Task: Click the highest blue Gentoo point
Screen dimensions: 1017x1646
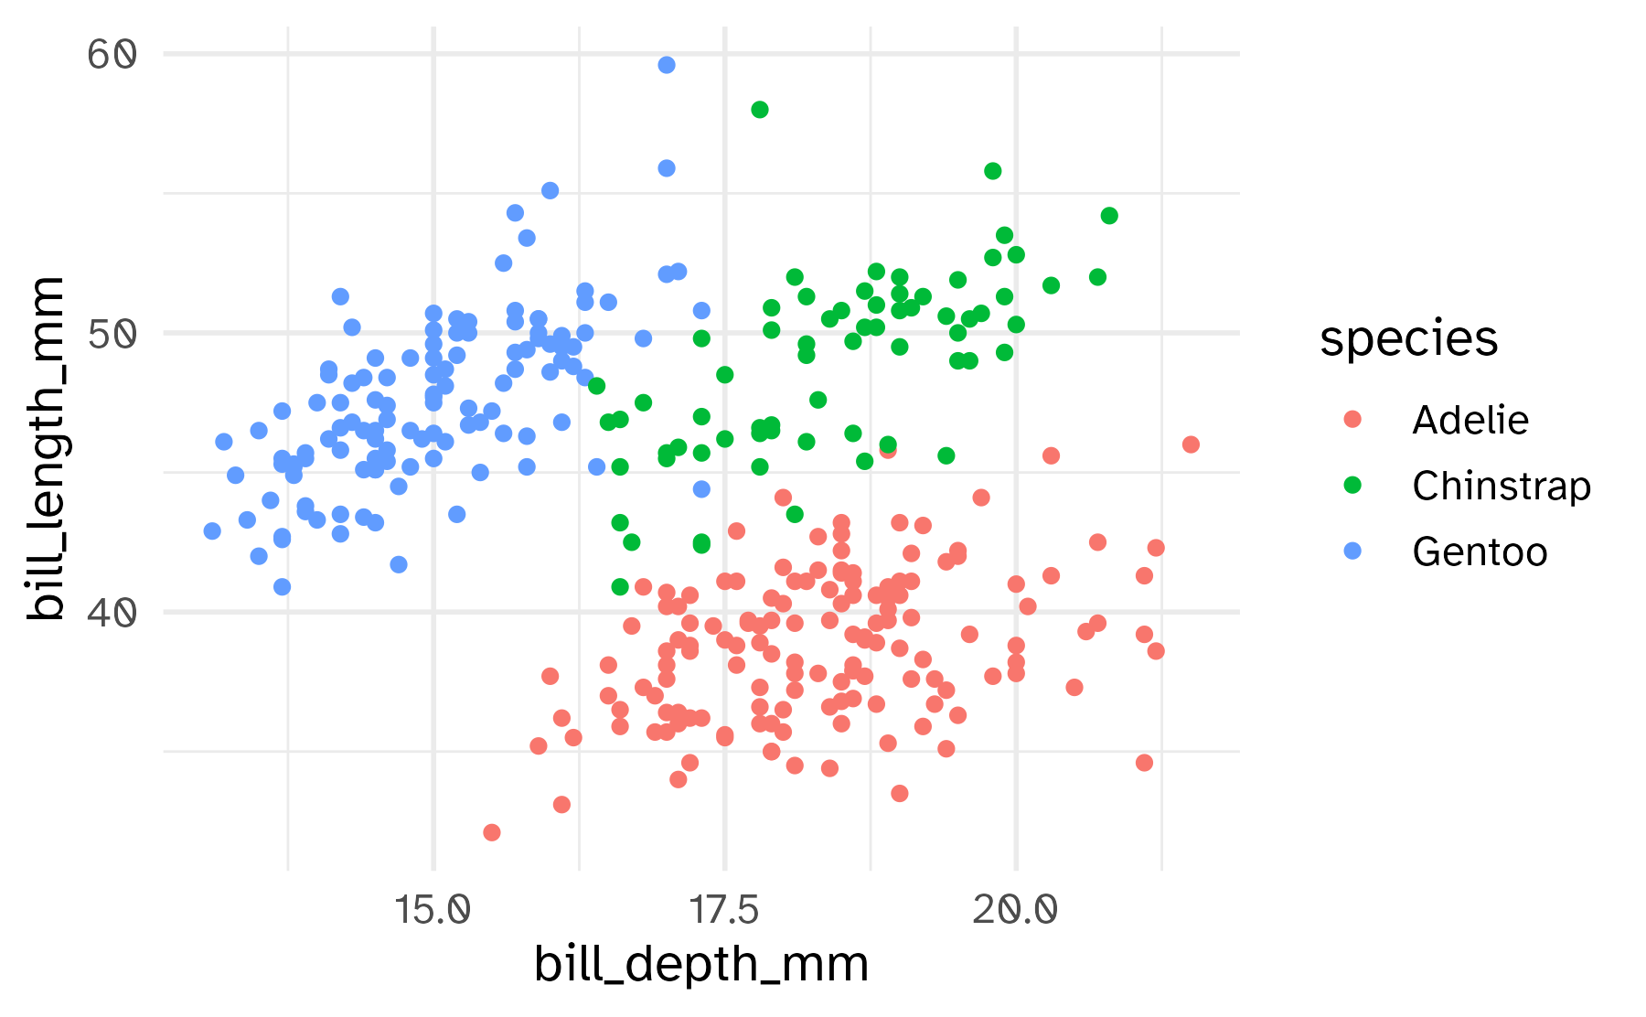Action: (x=667, y=65)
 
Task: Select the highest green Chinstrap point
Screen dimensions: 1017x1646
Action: (x=759, y=110)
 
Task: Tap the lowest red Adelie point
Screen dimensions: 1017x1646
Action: (x=492, y=832)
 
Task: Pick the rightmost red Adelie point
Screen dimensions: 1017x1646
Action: (x=1191, y=444)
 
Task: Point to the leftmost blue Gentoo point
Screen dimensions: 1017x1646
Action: (x=212, y=531)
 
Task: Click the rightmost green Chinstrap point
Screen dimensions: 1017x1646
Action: (x=1109, y=216)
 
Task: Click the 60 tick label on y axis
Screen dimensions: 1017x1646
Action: (x=112, y=55)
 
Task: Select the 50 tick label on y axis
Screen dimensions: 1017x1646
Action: (x=112, y=334)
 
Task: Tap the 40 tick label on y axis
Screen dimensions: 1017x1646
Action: (x=112, y=613)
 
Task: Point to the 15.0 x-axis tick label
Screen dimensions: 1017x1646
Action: (x=433, y=910)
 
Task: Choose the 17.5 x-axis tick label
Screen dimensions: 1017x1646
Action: (x=724, y=910)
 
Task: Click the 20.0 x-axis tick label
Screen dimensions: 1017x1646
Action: (x=1015, y=910)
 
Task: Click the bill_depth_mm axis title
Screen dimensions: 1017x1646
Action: (x=701, y=966)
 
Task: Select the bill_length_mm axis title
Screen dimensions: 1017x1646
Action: (x=46, y=448)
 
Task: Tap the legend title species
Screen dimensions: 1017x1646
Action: (x=1408, y=340)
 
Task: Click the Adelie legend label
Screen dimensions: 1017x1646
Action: (x=1470, y=421)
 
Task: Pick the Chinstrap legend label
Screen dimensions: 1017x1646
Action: (x=1501, y=487)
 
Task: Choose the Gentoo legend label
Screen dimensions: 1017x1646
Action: (x=1479, y=552)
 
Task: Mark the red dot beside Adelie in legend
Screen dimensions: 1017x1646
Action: (x=1352, y=420)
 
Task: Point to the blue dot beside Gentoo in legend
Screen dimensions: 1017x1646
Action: (x=1352, y=551)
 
